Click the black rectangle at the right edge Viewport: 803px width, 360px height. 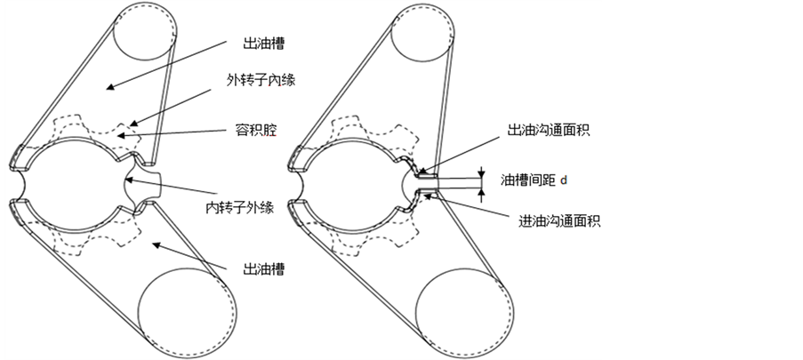click(x=702, y=180)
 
